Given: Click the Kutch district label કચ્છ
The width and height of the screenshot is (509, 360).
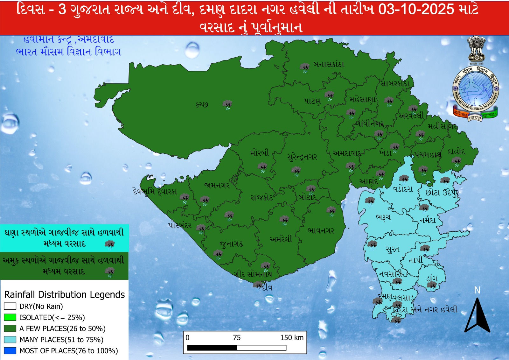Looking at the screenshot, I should click(x=202, y=104).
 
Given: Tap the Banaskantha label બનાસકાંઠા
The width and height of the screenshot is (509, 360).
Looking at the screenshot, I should click(x=329, y=65).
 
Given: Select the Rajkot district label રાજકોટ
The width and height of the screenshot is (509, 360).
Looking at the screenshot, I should click(x=261, y=198).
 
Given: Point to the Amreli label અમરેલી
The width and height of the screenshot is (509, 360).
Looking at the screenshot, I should click(x=281, y=239).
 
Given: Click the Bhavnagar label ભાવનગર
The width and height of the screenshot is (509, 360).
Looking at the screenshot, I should click(x=321, y=230).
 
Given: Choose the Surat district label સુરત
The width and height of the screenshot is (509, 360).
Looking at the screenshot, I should click(x=392, y=249).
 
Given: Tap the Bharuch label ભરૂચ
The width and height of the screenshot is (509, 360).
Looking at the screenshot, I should click(x=383, y=217).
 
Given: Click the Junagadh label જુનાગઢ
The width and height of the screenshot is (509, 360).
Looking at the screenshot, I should click(x=231, y=244).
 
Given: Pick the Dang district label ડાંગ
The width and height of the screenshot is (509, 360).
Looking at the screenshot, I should click(x=432, y=278).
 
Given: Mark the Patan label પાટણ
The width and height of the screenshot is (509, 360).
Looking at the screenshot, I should click(x=313, y=101).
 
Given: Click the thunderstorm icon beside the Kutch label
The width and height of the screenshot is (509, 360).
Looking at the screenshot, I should click(x=227, y=105).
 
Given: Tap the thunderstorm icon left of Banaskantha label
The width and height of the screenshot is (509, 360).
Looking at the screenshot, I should click(x=305, y=67).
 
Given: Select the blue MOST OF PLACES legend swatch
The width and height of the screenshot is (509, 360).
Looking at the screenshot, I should click(x=10, y=351).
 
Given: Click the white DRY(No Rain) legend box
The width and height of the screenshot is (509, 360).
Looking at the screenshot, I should click(x=10, y=306).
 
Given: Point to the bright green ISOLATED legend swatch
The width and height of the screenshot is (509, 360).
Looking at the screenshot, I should click(x=10, y=317).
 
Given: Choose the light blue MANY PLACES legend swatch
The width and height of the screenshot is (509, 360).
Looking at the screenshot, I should click(x=10, y=340).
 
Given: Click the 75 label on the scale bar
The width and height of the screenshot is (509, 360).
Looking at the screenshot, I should click(x=237, y=338).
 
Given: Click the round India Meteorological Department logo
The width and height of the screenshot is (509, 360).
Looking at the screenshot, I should click(x=476, y=91).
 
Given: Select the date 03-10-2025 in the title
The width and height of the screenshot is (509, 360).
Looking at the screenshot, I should click(x=416, y=10).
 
